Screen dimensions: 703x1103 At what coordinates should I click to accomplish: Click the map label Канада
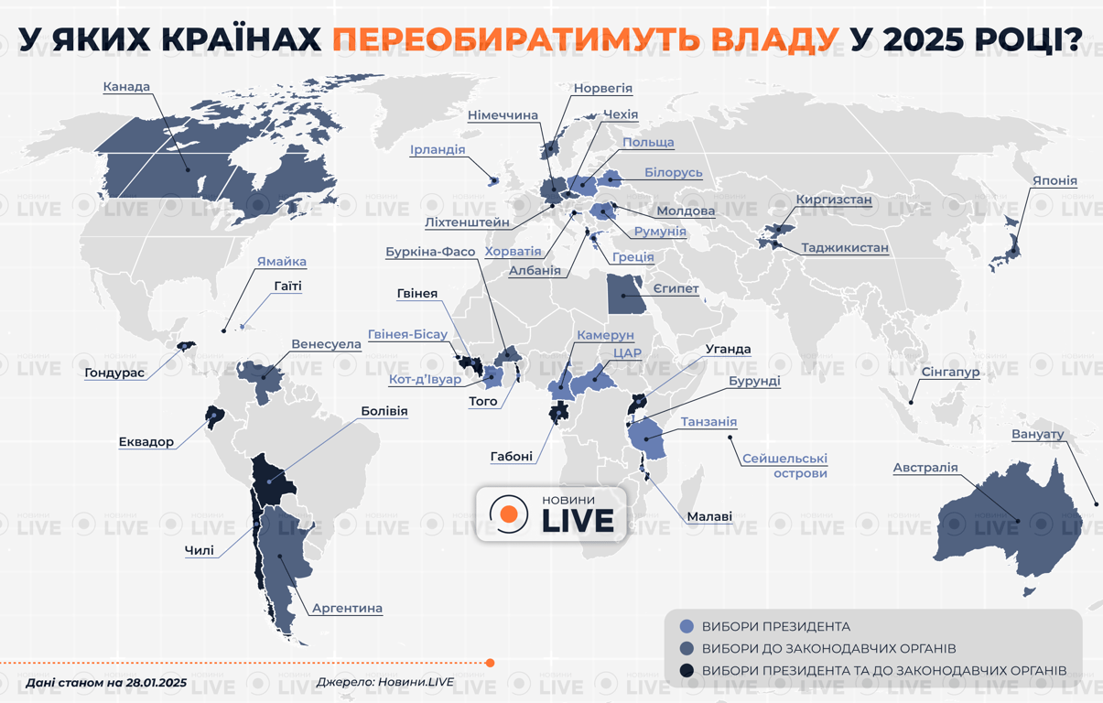coord(125,88)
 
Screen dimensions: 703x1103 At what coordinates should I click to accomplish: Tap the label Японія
coord(1054,180)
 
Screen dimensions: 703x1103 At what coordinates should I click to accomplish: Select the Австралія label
coord(925,468)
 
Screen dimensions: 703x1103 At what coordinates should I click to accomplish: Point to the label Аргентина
coord(347,608)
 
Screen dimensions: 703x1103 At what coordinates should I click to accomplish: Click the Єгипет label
coord(676,289)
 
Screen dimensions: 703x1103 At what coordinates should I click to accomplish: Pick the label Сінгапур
coord(950,373)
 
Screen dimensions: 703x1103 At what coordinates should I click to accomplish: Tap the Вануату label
coord(1038,434)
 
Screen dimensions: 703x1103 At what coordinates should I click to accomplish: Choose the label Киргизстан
coord(833,200)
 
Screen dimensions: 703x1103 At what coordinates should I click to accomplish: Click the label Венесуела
coord(326,344)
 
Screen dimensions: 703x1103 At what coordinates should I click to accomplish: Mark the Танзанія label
coord(708,422)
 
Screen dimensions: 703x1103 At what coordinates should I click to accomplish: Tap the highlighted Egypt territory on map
coord(623,293)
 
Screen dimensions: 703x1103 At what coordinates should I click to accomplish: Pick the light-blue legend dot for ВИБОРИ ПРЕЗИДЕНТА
coord(687,627)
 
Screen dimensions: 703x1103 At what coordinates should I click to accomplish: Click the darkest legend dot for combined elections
coord(687,671)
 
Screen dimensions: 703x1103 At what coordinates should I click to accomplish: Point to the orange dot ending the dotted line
coord(491,663)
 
